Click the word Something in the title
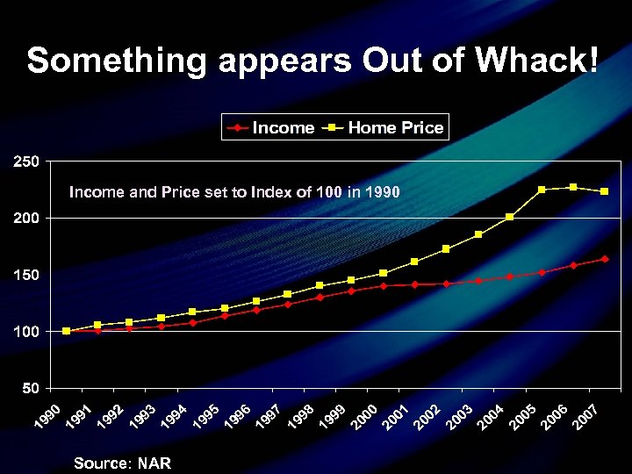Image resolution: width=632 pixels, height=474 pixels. coord(116,61)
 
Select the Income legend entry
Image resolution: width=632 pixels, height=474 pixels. coord(272,128)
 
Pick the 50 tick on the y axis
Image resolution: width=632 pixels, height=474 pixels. coord(29,388)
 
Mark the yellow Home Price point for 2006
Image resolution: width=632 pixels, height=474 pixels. coord(573,187)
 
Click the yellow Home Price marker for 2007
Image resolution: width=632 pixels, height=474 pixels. coord(605,191)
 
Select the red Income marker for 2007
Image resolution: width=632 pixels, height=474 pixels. coord(605,259)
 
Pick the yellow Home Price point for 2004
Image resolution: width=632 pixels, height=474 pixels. coord(510,217)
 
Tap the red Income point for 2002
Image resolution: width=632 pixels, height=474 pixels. coord(447,284)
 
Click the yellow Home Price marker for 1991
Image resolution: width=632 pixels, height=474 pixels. coord(97,325)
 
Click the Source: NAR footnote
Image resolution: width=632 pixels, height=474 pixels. coord(122,463)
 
